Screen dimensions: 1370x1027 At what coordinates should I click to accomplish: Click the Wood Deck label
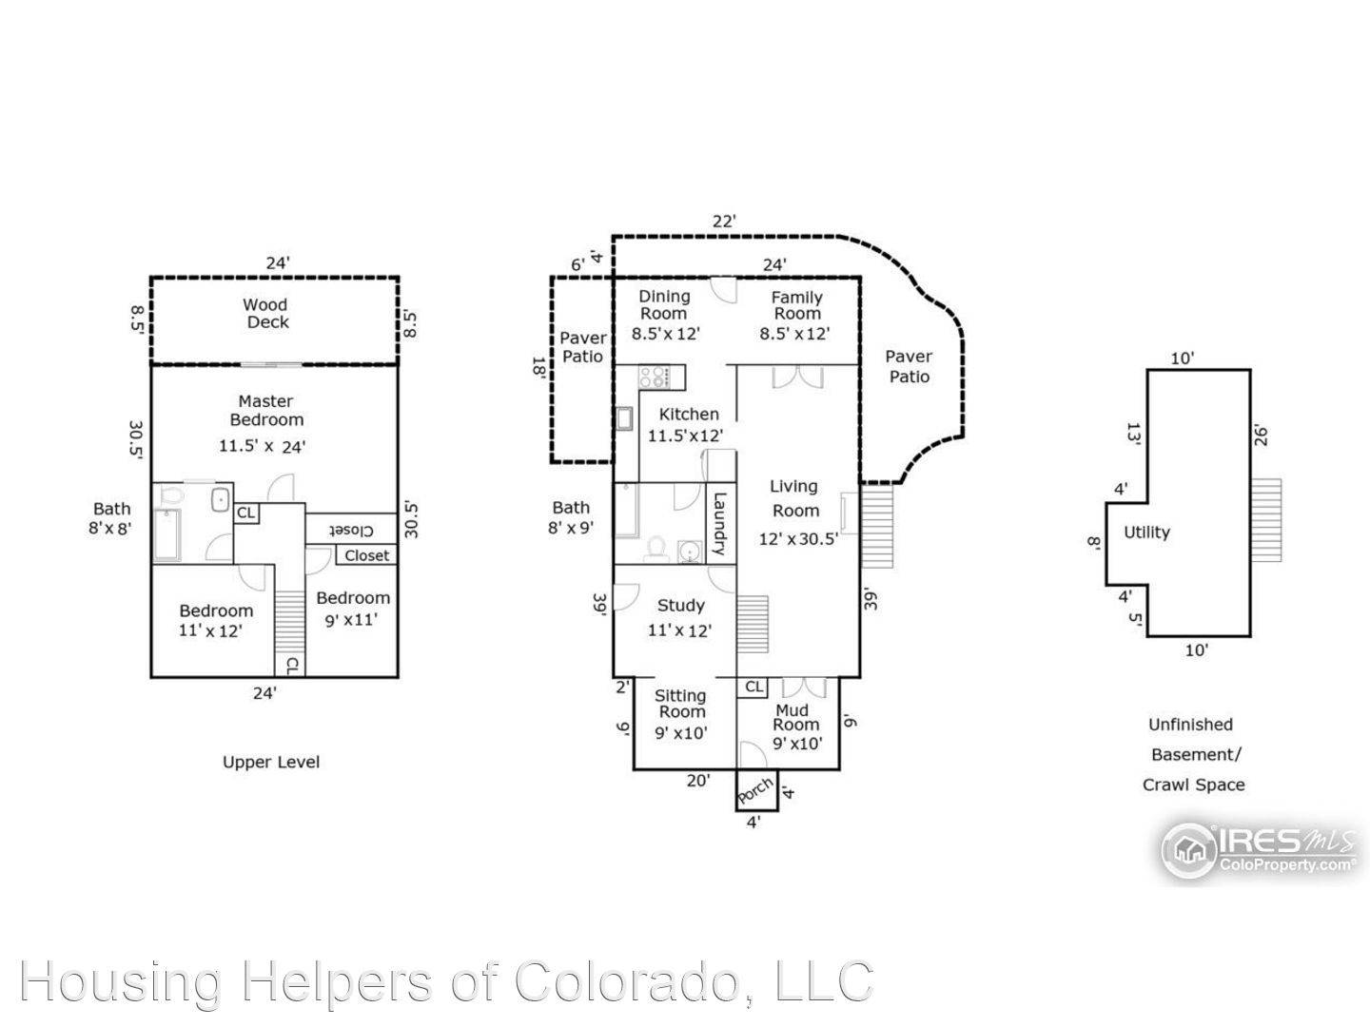(266, 313)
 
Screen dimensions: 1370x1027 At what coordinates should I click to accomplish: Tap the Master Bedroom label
(265, 410)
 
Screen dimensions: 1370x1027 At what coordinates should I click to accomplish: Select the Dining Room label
(663, 305)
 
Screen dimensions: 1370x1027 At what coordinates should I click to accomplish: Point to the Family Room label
(796, 305)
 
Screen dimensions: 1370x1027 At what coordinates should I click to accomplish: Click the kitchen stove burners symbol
(654, 377)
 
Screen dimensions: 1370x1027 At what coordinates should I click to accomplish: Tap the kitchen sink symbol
(624, 417)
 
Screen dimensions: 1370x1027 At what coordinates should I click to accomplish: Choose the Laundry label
(719, 524)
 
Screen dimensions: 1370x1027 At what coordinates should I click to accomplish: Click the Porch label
(755, 790)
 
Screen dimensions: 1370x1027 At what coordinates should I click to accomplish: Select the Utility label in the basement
(1146, 532)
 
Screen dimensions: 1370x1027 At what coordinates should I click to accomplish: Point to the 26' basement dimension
(1261, 436)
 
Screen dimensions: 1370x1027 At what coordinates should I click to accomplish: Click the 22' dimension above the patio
(724, 222)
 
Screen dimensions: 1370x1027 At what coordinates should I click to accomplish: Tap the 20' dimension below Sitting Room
(697, 781)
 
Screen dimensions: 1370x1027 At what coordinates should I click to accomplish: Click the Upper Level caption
(271, 762)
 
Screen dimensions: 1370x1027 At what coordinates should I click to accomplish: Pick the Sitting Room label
(680, 704)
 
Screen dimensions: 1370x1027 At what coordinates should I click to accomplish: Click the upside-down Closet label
(351, 531)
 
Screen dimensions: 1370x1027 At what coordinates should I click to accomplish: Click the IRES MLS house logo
(1187, 849)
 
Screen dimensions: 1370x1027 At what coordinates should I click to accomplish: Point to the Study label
(680, 606)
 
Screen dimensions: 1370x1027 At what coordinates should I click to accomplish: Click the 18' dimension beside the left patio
(539, 368)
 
